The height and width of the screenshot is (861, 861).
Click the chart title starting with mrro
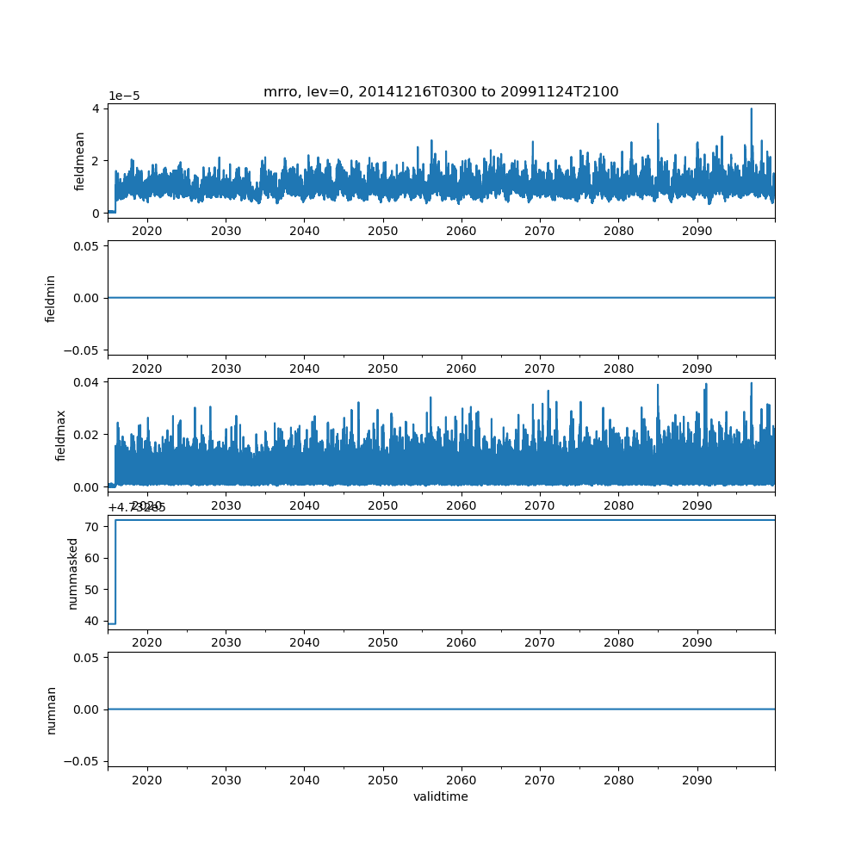[x=441, y=92]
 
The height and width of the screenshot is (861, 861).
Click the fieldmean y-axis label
[x=79, y=161]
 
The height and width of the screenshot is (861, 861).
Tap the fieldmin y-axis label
[x=50, y=298]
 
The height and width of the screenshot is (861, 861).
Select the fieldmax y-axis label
[x=60, y=436]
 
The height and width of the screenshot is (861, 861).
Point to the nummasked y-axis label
[x=73, y=573]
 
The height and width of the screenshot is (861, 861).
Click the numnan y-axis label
[x=51, y=709]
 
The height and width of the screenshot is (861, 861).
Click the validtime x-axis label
[x=441, y=797]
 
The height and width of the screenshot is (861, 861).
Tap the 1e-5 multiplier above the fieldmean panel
[x=124, y=96]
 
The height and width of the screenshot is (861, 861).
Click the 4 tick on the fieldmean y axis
[x=97, y=108]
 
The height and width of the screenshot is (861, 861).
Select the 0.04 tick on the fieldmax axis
[x=88, y=381]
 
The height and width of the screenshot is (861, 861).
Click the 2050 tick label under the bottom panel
[x=383, y=780]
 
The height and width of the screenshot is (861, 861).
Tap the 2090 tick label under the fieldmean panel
[x=697, y=231]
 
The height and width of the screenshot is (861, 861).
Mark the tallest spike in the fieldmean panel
[x=751, y=109]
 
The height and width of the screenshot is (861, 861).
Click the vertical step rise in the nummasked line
[x=115, y=571]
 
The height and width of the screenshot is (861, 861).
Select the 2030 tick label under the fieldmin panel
[x=226, y=369]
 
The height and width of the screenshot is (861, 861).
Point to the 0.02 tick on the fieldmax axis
[x=88, y=434]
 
